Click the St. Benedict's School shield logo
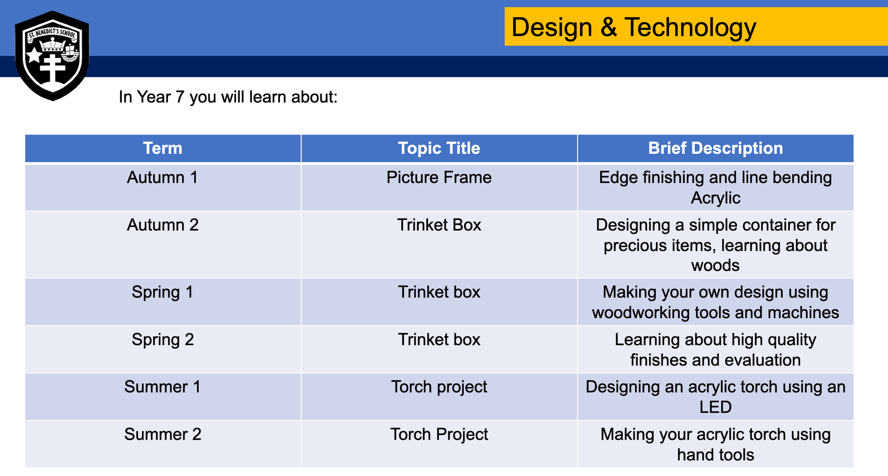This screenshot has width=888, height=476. click(x=52, y=56)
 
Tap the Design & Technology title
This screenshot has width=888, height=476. click(x=633, y=27)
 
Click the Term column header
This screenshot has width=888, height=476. click(x=163, y=148)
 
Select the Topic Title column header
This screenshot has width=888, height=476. click(x=439, y=148)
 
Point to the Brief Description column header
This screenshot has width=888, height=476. click(x=715, y=148)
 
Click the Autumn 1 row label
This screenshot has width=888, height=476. click(x=162, y=177)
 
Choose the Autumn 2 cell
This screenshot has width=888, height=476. click(x=162, y=225)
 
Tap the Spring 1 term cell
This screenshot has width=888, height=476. click(x=162, y=292)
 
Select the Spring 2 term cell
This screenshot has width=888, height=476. click(x=162, y=340)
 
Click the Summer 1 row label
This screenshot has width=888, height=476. click(x=162, y=387)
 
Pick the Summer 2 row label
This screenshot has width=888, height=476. click(x=162, y=434)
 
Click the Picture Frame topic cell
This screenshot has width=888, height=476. click(x=439, y=177)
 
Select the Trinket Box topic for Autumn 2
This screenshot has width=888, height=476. click(x=439, y=225)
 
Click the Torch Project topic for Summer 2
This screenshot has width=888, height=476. click(x=439, y=435)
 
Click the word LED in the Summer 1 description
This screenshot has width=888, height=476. click(x=715, y=407)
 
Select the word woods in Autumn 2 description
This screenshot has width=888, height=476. click(x=715, y=266)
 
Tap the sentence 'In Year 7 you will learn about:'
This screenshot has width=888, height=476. click(x=228, y=97)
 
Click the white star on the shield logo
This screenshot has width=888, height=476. click(x=34, y=55)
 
